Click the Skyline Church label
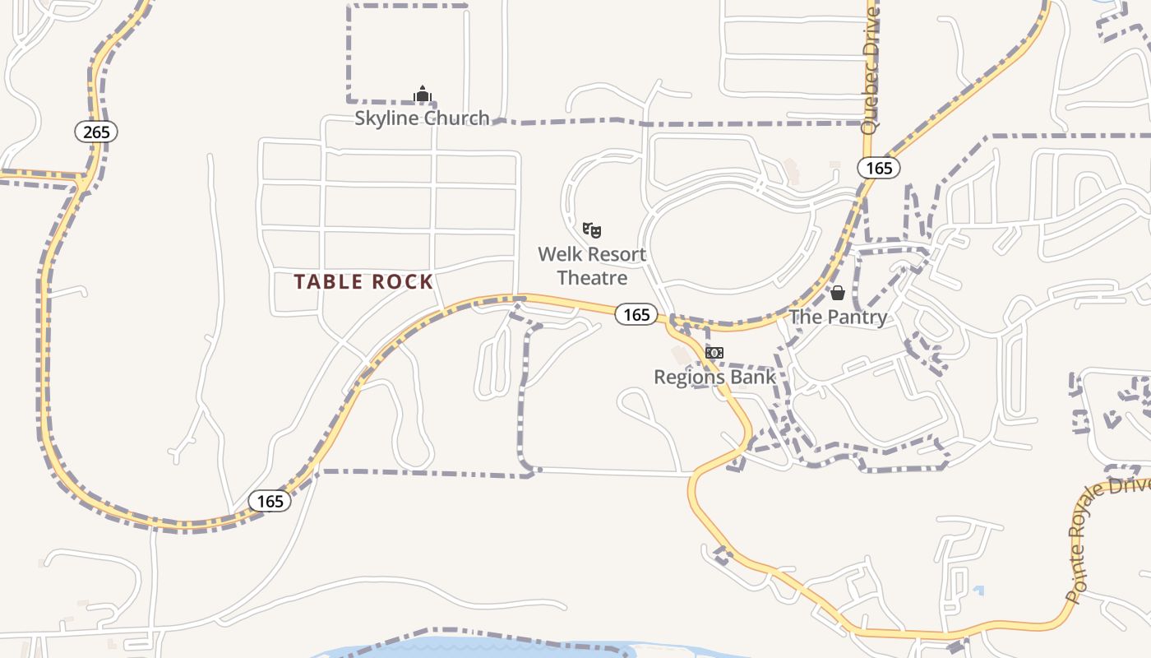[422, 118]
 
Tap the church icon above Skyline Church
[423, 95]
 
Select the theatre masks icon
[592, 230]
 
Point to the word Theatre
[592, 278]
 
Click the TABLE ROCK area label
[363, 282]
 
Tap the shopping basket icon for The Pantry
[838, 293]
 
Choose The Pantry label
[838, 317]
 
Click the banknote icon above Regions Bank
[714, 353]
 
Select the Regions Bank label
[714, 378]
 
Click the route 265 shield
[96, 132]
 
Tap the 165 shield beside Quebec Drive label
[879, 169]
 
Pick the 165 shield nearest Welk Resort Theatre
[636, 314]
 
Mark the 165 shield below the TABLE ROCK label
[270, 501]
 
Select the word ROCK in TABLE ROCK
[402, 282]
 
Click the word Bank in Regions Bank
[756, 378]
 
